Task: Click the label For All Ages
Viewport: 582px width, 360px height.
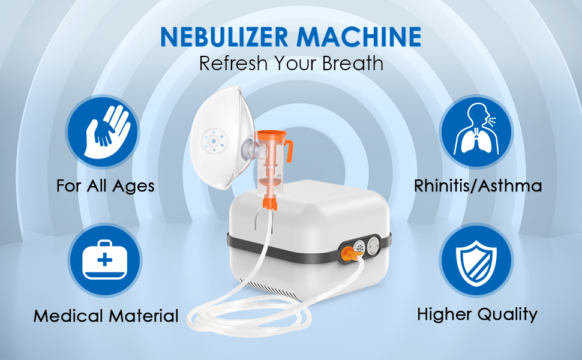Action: [106, 185]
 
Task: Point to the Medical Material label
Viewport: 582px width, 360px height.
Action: [106, 316]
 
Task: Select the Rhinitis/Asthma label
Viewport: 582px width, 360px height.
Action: [478, 185]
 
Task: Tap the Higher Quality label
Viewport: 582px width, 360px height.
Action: [477, 313]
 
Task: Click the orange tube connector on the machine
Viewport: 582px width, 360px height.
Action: [347, 255]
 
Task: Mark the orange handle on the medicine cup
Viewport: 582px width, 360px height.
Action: [289, 147]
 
